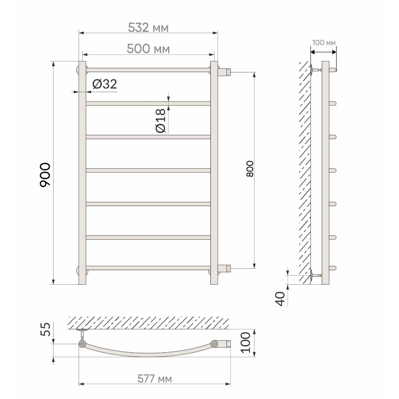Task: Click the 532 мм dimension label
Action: (x=148, y=27)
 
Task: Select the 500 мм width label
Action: (x=148, y=49)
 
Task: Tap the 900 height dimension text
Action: (x=45, y=175)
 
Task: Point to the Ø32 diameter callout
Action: (x=104, y=84)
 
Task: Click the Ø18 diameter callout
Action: (x=161, y=121)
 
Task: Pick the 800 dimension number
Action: (x=250, y=169)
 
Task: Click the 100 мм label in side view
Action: (x=324, y=43)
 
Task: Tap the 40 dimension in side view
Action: (x=280, y=299)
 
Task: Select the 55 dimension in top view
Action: (x=46, y=329)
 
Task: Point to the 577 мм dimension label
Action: (x=154, y=379)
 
